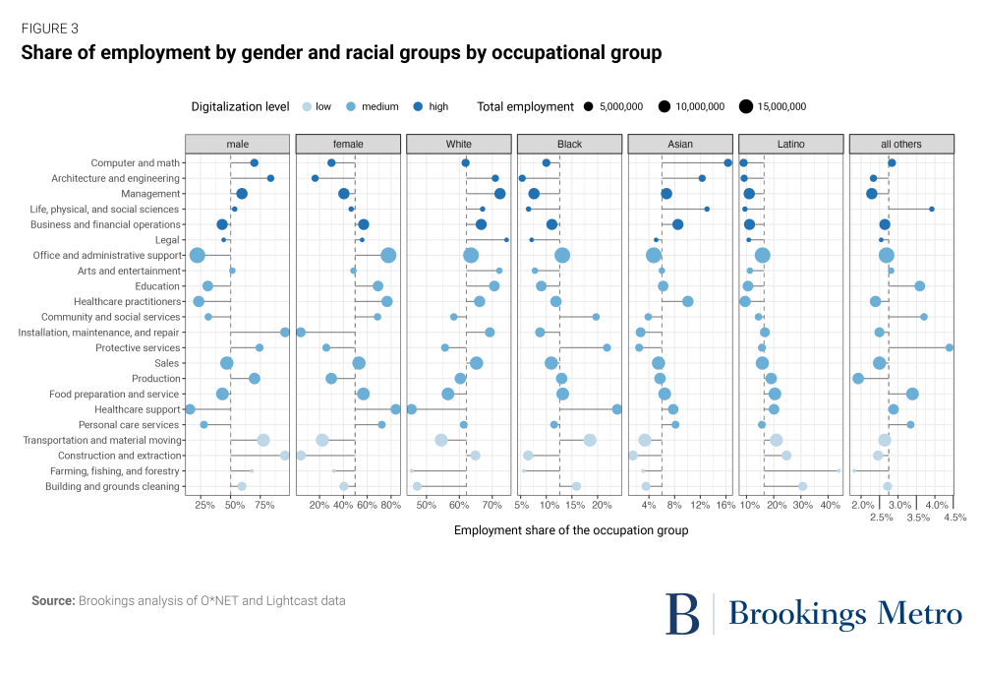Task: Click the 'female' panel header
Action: coord(348,144)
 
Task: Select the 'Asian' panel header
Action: coord(679,144)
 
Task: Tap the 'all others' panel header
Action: coord(900,144)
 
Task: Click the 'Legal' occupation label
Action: coord(168,240)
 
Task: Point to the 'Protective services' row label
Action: coord(138,348)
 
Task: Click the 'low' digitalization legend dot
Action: coord(307,106)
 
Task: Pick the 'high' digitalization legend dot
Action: coord(418,106)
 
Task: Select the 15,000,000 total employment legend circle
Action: coord(745,106)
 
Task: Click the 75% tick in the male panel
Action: coord(264,505)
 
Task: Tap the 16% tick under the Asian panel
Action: coord(726,505)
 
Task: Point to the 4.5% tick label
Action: coord(954,517)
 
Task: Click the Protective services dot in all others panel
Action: coord(950,347)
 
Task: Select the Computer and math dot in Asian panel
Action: coord(727,163)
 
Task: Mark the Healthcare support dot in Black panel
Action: coord(617,409)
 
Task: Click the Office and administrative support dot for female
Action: coord(388,256)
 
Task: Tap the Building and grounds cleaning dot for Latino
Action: coord(802,486)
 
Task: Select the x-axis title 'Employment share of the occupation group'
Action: coord(571,530)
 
